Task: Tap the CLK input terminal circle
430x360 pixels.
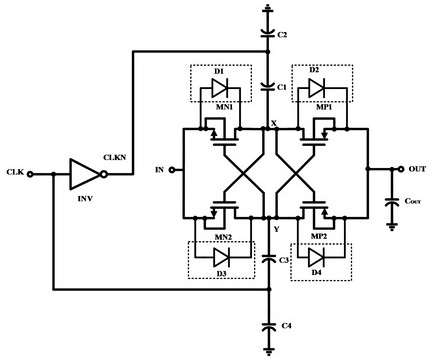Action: click(30, 174)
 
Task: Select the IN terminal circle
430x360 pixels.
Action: click(172, 170)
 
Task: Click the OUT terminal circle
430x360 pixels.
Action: click(401, 169)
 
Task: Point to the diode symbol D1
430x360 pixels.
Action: click(219, 88)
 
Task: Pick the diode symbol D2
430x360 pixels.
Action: click(316, 88)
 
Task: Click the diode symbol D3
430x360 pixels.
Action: click(221, 257)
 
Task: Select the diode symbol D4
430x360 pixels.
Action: click(316, 257)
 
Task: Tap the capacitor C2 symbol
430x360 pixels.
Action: click(267, 33)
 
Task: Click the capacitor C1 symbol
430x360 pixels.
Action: click(267, 86)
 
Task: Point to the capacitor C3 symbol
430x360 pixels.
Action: click(269, 258)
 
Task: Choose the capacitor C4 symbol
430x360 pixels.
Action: click(269, 326)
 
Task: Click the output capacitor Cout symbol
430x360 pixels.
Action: click(392, 202)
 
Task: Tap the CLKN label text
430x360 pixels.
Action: click(115, 157)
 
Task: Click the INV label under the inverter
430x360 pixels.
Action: click(85, 199)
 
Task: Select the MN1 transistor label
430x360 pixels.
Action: click(224, 107)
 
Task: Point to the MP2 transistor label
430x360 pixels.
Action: click(319, 236)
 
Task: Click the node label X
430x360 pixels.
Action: click(274, 123)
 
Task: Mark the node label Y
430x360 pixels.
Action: click(276, 229)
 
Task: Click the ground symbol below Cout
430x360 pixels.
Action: click(392, 227)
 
